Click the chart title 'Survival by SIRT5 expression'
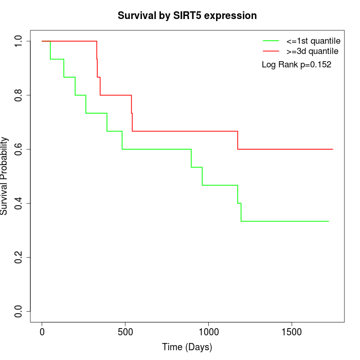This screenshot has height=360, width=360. coord(187,16)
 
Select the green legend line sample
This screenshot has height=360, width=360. coord(271,40)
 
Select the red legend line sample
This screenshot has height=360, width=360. coord(271,51)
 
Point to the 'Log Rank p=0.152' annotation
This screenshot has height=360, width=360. coord(296,65)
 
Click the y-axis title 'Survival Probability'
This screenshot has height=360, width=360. coord(5,176)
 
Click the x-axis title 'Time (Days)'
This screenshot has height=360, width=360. coord(187,347)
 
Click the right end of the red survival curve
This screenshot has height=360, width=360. coord(333,149)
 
